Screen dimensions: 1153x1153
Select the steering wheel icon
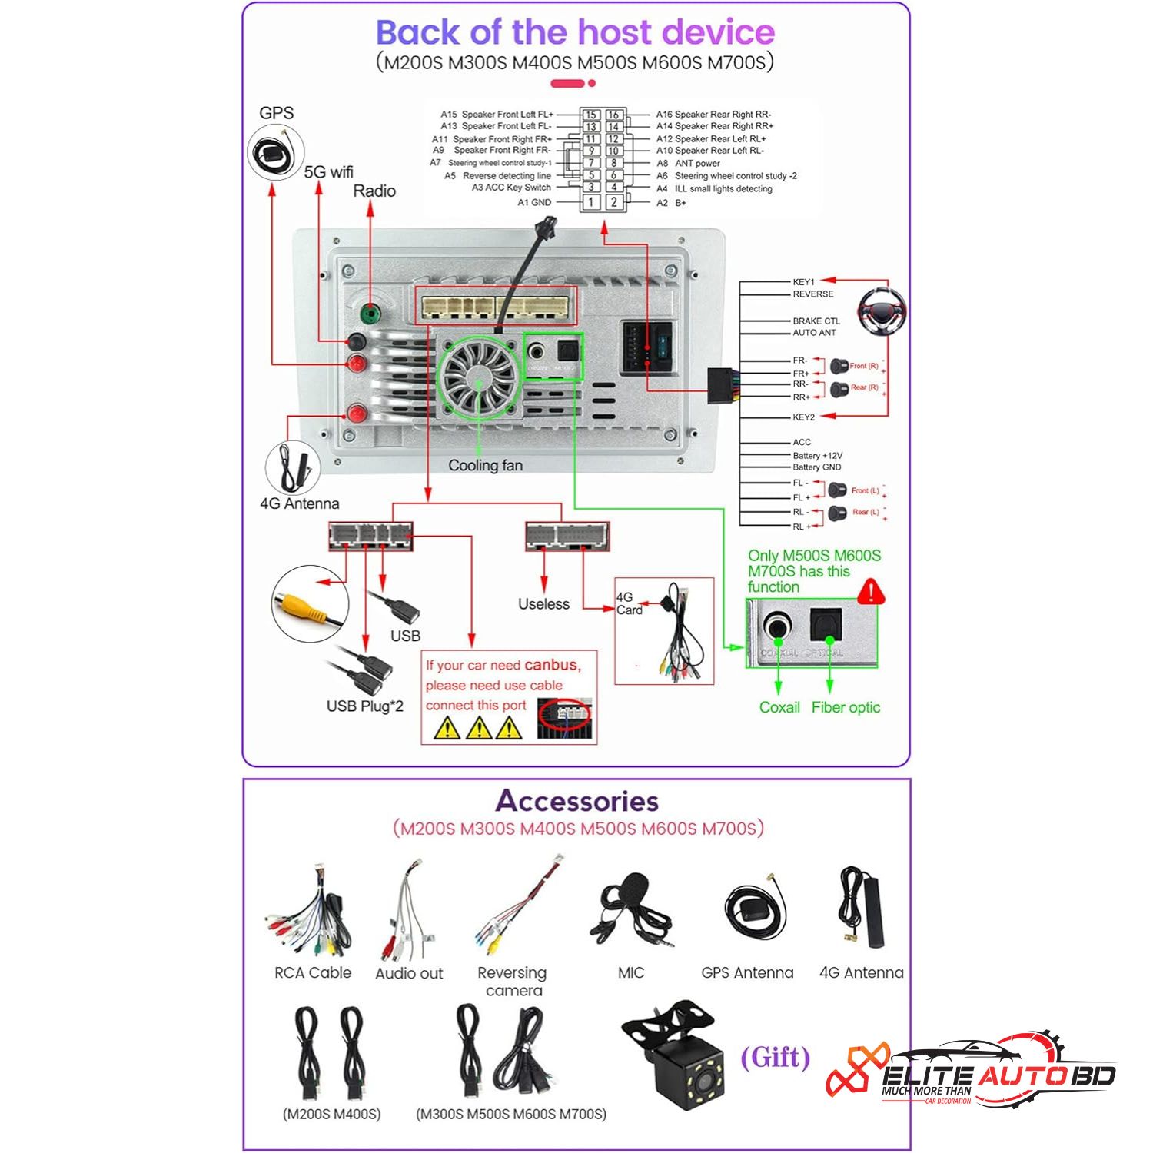coord(882,312)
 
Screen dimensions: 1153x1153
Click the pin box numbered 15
coord(590,115)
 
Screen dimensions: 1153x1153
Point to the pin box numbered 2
coord(613,202)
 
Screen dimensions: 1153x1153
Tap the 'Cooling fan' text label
coord(485,465)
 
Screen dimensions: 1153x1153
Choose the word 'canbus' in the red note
coord(551,665)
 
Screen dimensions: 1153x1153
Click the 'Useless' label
coord(543,604)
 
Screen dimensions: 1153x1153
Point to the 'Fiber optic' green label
coord(846,707)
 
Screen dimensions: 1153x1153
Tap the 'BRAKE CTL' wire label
coord(816,321)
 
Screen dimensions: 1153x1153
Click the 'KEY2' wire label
coord(803,417)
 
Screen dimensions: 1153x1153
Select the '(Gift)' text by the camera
coord(775,1058)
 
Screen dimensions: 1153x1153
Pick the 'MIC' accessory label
coord(631,972)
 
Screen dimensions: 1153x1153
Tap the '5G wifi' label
coord(328,172)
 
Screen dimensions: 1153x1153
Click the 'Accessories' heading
coord(576,801)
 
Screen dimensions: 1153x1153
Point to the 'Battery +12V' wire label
coord(817,455)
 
